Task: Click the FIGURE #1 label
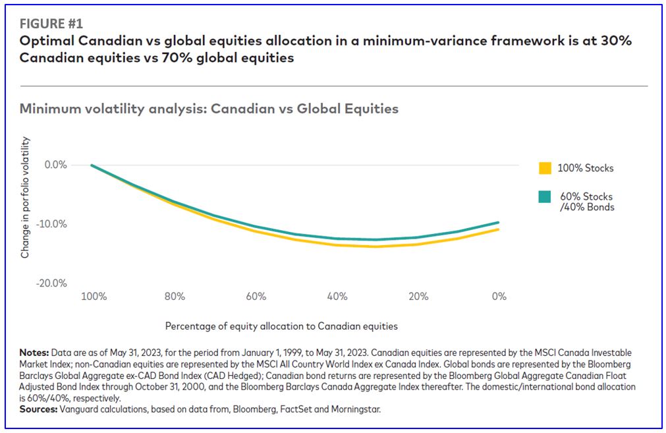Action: [x=51, y=24]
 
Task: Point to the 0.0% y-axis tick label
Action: [x=55, y=165]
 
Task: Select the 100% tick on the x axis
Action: [x=94, y=297]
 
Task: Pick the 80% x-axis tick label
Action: [x=175, y=297]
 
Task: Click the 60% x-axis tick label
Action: [x=256, y=297]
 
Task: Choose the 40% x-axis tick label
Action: [x=337, y=297]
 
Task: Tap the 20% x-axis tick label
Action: [x=418, y=297]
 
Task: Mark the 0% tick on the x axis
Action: [x=499, y=297]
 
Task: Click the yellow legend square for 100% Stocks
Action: [x=545, y=168]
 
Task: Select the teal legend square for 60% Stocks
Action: [x=545, y=197]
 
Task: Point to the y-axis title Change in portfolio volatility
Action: [x=26, y=197]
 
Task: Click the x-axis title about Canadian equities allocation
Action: [x=281, y=326]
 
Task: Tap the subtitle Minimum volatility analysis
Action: [x=209, y=109]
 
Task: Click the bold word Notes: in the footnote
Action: [x=34, y=351]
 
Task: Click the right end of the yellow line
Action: [x=499, y=229]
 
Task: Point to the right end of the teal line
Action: [x=499, y=222]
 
